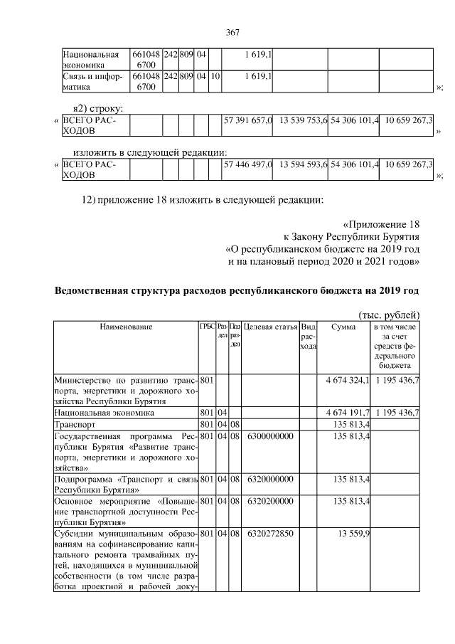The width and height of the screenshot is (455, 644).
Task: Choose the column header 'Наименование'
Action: point(126,327)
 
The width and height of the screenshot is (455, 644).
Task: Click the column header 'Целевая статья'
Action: point(270,327)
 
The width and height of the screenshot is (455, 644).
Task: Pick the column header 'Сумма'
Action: point(343,327)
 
